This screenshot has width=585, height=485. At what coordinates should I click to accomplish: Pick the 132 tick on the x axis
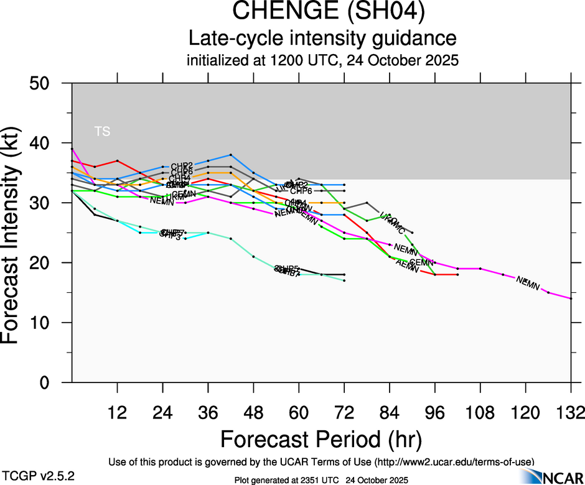571,412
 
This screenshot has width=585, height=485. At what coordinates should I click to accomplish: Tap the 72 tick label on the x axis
344,412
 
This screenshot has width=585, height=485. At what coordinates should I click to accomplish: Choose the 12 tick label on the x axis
117,412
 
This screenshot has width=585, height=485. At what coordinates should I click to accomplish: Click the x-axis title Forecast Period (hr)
321,440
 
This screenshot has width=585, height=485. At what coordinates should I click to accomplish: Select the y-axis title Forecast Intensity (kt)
17,233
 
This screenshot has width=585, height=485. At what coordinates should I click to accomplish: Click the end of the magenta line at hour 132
571,298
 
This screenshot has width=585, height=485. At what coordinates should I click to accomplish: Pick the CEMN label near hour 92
421,262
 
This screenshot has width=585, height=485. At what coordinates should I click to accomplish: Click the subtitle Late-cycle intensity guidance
322,38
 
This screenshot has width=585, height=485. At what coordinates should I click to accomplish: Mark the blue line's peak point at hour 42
231,155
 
